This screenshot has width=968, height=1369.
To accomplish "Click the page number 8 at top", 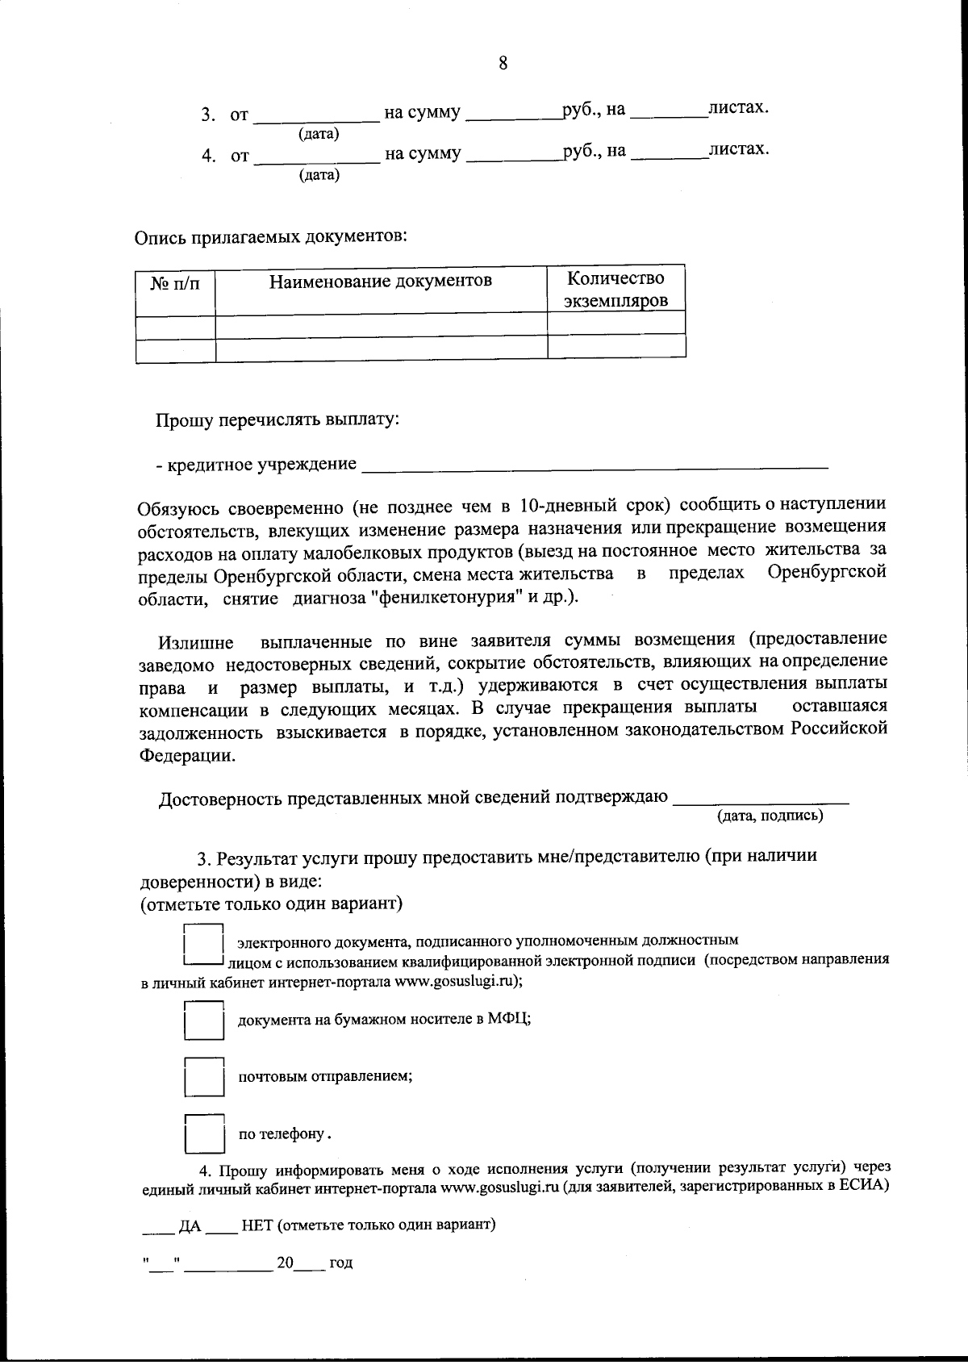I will (503, 64).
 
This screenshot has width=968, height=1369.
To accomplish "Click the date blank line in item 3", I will (316, 118).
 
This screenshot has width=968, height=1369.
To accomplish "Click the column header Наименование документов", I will (380, 281).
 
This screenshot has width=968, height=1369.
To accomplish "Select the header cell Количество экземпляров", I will (615, 289).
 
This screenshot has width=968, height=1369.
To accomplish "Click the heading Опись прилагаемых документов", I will (270, 237).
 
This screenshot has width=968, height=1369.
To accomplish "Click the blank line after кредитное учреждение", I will (595, 465).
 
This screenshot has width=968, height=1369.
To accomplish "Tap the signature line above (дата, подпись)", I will (761, 800).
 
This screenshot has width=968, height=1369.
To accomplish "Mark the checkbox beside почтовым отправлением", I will (204, 1077).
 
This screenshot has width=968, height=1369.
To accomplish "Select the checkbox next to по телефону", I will (204, 1133).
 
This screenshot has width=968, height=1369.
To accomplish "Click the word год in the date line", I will (340, 1263).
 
